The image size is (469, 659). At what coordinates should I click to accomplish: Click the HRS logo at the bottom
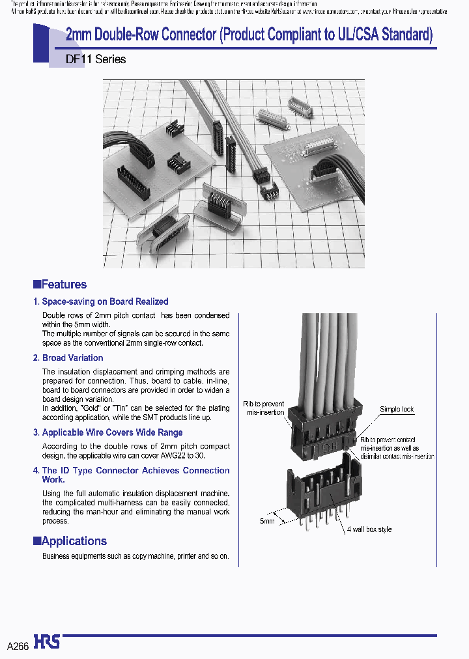click(x=47, y=641)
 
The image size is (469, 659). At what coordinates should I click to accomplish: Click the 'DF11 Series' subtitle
click(x=96, y=59)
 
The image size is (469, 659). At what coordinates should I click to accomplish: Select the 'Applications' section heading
click(x=74, y=541)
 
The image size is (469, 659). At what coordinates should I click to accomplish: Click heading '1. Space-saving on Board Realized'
click(x=101, y=301)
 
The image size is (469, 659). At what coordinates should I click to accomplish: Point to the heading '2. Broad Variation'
click(x=68, y=358)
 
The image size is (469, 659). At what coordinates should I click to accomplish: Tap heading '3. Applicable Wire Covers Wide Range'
click(x=107, y=432)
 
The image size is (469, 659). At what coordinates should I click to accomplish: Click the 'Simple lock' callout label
click(x=397, y=410)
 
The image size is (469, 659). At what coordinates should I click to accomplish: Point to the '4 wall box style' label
click(x=369, y=529)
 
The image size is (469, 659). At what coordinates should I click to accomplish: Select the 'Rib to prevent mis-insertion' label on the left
click(x=264, y=408)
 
